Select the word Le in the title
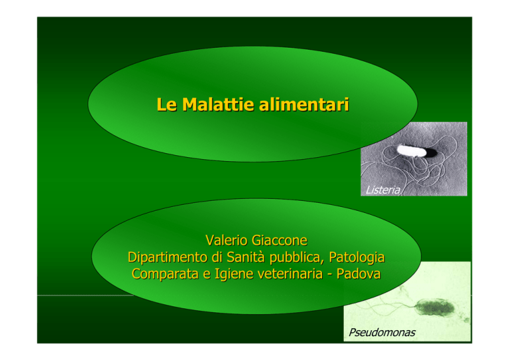tap(166, 105)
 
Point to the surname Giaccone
tap(279, 241)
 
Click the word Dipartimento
tap(168, 257)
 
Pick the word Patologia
tap(357, 258)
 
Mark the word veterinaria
tap(290, 274)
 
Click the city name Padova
tap(359, 274)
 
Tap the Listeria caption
tap(382, 190)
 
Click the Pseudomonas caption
tap(382, 332)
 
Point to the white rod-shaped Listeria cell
tap(411, 151)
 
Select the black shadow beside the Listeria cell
tap(430, 152)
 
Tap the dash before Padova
tap(329, 275)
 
